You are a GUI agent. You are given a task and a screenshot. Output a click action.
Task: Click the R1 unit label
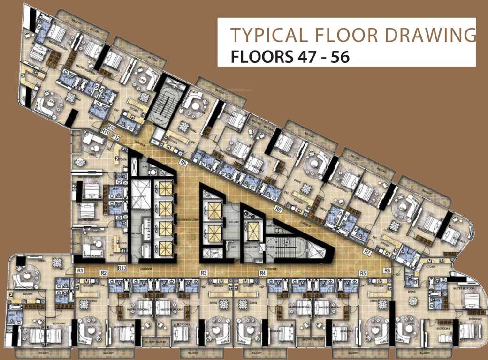80,270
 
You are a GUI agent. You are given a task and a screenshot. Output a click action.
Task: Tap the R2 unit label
104,273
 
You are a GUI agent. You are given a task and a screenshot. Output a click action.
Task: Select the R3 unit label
203,273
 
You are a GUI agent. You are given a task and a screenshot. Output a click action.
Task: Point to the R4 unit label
263,273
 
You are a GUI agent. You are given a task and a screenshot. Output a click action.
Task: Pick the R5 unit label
362,273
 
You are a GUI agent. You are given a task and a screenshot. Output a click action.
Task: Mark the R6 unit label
387,270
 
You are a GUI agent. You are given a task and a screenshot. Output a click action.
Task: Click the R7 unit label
367,253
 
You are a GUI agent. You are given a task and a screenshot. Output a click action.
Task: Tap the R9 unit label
183,163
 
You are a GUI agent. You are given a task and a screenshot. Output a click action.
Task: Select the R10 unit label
111,127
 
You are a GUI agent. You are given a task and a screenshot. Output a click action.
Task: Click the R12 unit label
116,137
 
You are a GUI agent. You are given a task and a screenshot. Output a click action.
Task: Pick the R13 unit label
122,268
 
